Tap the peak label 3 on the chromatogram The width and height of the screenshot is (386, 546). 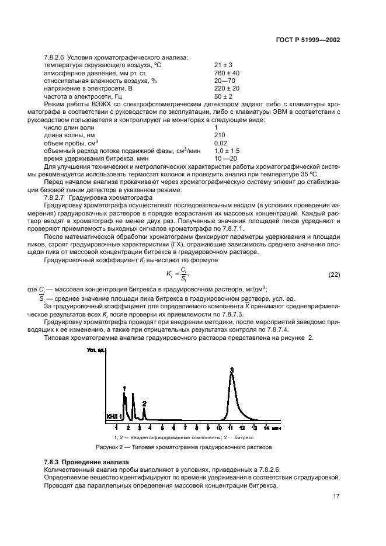pyautogui.click(x=232, y=370)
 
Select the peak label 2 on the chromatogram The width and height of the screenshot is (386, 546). pyautogui.click(x=144, y=404)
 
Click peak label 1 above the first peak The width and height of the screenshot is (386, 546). pyautogui.click(x=124, y=388)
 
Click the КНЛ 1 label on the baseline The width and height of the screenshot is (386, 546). pyautogui.click(x=114, y=417)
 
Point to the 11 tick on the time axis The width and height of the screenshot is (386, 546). pyautogui.click(x=231, y=427)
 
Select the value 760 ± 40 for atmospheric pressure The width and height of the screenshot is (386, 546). pyautogui.click(x=227, y=73)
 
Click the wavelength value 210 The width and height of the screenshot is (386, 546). pyautogui.click(x=220, y=135)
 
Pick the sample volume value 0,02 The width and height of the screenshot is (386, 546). pyautogui.click(x=221, y=143)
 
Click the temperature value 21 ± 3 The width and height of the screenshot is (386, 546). pyautogui.click(x=224, y=65)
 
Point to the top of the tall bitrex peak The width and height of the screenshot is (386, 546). pyautogui.click(x=232, y=375)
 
